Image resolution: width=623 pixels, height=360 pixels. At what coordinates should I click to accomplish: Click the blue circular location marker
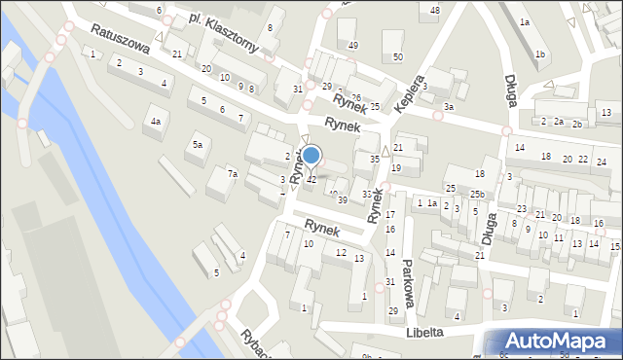[311, 156]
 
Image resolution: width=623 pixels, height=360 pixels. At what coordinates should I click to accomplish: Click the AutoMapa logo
[556, 342]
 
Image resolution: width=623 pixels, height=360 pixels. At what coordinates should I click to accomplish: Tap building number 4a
[155, 122]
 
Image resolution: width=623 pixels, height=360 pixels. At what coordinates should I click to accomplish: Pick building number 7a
[233, 174]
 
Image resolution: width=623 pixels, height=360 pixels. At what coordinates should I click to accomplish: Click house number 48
[434, 10]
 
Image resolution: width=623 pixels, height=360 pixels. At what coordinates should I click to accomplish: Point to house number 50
[397, 57]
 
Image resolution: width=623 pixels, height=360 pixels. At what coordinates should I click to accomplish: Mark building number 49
[352, 46]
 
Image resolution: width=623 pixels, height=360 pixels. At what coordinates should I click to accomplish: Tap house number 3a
[448, 107]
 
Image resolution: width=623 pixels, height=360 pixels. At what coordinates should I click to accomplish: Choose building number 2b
[577, 124]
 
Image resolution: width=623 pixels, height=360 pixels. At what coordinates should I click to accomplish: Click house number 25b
[476, 195]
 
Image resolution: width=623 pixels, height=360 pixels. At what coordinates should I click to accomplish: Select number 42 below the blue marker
[311, 180]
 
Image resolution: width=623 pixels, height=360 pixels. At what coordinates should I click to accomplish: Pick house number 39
[342, 199]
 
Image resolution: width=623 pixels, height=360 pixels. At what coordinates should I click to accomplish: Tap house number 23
[522, 209]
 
